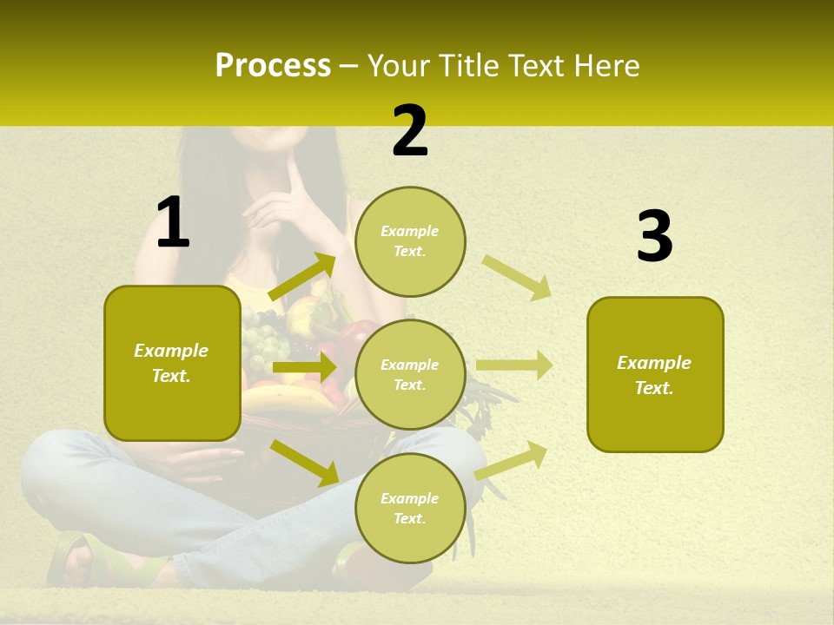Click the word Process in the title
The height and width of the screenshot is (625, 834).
[x=273, y=65]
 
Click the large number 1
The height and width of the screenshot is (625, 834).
[x=173, y=223]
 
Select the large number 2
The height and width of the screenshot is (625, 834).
[x=410, y=131]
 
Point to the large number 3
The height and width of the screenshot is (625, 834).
[x=654, y=237]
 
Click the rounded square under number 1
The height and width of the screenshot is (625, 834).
[x=172, y=363]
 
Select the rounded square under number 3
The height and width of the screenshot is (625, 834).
[x=655, y=374]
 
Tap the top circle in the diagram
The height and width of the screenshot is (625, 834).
[x=410, y=240]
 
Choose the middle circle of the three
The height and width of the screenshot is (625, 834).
[x=410, y=374]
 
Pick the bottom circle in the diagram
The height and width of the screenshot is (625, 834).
[x=410, y=508]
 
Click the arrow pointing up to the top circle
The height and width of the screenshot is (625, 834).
[x=302, y=277]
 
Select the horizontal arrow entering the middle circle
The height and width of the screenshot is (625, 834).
[x=304, y=367]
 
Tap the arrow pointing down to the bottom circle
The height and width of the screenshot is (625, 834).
[x=305, y=462]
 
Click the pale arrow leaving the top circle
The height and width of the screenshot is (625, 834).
[x=517, y=277]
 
